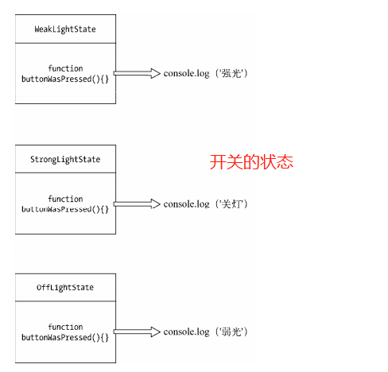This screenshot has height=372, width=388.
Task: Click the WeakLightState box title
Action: [65, 29]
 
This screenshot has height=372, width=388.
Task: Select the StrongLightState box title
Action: [65, 160]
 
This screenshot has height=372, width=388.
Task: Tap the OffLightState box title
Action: [65, 288]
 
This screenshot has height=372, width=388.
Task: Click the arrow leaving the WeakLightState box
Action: [137, 73]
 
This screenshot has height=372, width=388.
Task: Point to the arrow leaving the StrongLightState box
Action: [137, 203]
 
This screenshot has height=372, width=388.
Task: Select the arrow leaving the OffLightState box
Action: [137, 331]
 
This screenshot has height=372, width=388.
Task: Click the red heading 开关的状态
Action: [251, 162]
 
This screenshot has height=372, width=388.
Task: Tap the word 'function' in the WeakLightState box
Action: [65, 68]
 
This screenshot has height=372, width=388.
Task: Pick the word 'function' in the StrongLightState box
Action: [65, 199]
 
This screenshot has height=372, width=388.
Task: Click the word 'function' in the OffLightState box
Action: [65, 327]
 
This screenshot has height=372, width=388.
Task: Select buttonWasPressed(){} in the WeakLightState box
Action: [65, 79]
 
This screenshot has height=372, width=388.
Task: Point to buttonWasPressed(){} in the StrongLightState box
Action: [65, 209]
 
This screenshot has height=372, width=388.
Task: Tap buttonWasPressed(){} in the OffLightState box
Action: [65, 338]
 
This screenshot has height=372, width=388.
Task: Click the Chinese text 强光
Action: [231, 73]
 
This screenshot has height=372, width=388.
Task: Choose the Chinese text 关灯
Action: [231, 204]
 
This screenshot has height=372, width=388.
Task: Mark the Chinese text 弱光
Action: [231, 332]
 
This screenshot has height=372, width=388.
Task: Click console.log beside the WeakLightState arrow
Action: [186, 74]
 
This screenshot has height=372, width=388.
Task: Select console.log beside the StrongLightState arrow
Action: [186, 204]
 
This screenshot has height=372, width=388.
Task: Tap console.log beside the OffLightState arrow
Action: [186, 332]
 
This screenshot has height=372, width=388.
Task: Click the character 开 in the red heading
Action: [218, 162]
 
